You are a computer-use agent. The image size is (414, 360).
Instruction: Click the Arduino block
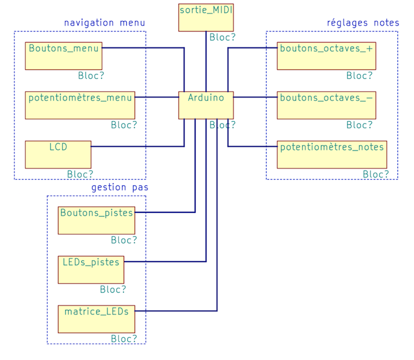coord(206,105)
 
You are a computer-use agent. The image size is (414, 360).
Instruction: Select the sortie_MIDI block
coord(206,17)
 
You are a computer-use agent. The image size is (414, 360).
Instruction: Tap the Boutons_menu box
coord(64,56)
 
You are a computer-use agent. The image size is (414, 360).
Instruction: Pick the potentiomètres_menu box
coord(80,105)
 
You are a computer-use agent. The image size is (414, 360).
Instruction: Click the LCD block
coord(58,154)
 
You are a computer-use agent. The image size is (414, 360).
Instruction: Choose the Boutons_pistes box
coord(96,220)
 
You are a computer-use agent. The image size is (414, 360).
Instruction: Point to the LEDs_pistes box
coord(91,270)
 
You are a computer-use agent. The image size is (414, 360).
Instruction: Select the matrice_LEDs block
coord(96,319)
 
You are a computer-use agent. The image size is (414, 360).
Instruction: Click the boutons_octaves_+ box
coord(326,56)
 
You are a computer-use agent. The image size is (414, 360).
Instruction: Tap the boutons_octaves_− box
coord(326,105)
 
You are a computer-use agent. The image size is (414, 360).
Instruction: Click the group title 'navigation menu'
coord(105,23)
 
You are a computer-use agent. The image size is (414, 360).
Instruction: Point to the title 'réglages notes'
coord(363,23)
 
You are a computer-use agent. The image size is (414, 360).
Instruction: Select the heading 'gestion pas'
coord(120,188)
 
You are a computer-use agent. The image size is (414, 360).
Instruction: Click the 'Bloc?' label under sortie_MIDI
coord(223,37)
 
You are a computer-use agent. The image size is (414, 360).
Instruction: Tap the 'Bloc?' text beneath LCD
coord(80,175)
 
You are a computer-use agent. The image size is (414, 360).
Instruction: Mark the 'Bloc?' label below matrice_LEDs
coord(124,339)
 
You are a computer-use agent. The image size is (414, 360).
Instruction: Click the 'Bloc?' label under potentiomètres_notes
coord(376,175)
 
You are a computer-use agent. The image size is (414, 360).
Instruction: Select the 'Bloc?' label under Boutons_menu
coord(91,76)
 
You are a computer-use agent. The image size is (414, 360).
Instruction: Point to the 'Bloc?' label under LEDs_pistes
coord(113,290)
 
